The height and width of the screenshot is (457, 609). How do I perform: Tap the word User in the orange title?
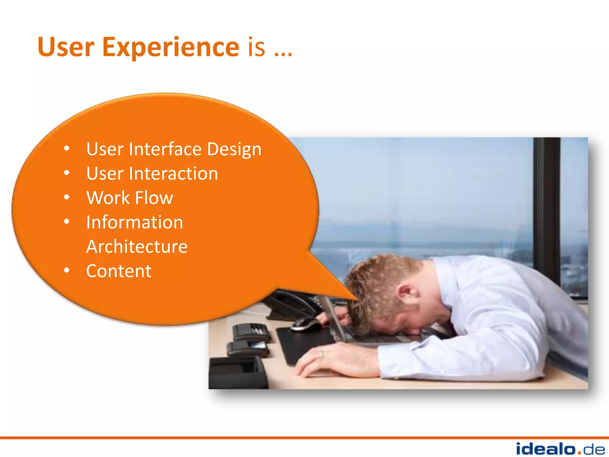[66, 47]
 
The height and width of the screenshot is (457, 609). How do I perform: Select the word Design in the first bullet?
[234, 149]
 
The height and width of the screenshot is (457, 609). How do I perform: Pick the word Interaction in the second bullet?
[173, 173]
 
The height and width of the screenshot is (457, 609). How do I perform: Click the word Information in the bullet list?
[134, 222]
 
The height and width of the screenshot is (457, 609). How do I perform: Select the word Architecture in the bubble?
[137, 247]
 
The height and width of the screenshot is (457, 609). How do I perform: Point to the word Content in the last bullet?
[119, 271]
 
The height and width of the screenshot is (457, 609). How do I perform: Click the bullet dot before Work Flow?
[67, 197]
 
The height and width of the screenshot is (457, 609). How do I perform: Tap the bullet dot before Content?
[67, 270]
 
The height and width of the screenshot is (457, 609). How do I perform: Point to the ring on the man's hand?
[321, 354]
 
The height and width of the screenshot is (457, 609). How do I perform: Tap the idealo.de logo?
[560, 449]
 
